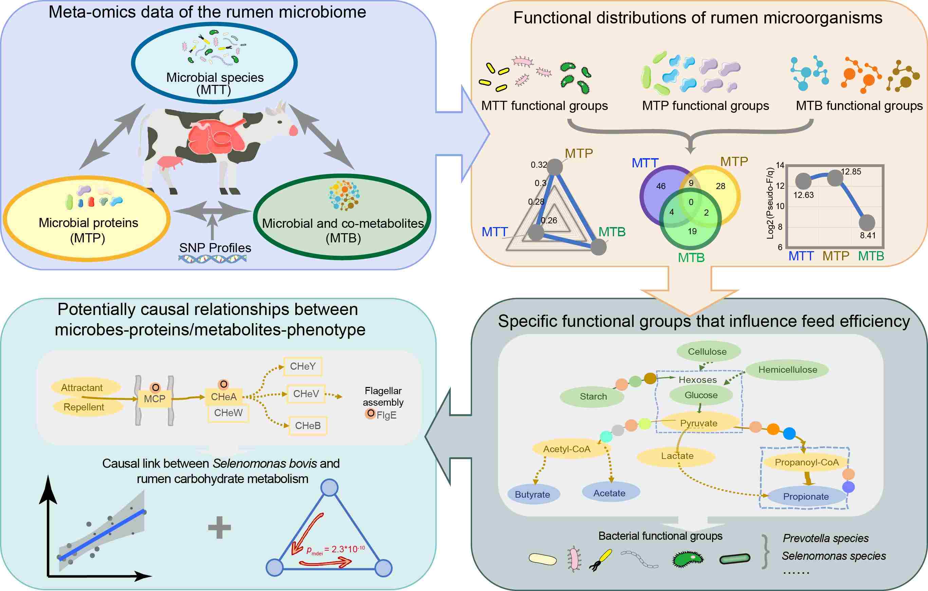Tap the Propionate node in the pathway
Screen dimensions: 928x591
806,497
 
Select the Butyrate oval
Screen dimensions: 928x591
532,495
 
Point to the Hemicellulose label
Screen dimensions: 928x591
788,370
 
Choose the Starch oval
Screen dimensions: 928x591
593,396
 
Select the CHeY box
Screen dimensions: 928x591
302,366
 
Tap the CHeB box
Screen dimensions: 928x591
308,426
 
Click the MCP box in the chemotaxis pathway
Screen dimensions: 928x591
154,399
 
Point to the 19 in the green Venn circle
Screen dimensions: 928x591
692,231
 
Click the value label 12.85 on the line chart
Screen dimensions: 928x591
851,171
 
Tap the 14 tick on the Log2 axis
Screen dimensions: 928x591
780,165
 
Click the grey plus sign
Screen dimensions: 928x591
219,527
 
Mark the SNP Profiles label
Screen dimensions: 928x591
215,247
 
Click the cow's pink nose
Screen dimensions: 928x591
294,130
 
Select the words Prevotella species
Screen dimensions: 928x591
825,538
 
